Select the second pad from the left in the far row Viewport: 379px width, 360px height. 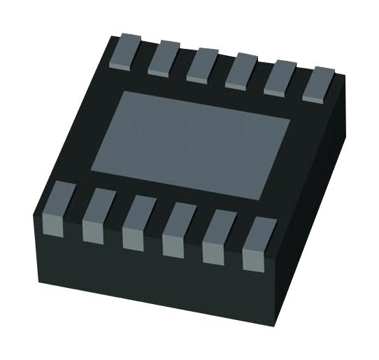164,55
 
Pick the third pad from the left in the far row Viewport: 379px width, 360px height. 202,63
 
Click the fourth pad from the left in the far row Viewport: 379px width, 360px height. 241,69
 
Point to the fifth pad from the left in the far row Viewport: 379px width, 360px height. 281,76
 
